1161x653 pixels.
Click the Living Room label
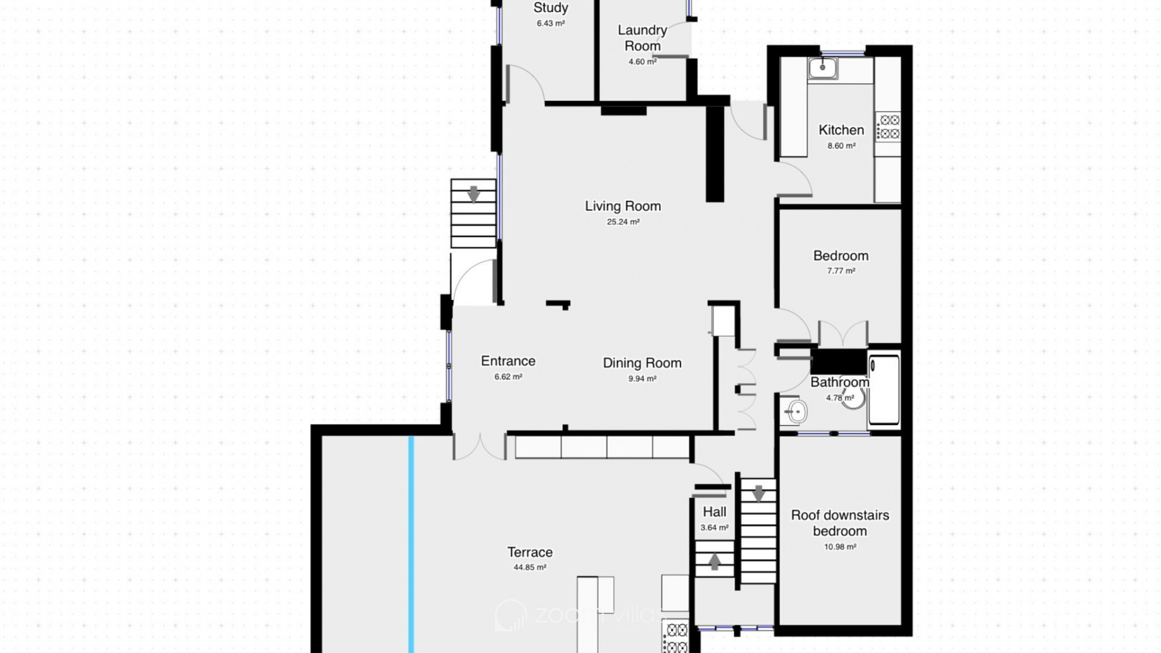point(623,206)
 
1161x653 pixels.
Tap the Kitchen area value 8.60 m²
point(841,146)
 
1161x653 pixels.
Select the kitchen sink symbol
point(822,68)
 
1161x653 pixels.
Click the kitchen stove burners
point(888,127)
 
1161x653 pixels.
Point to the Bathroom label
point(840,382)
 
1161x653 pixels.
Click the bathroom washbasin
point(794,412)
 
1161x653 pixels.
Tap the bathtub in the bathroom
point(883,389)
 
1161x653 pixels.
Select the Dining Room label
point(642,363)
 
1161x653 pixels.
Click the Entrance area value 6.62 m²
point(508,377)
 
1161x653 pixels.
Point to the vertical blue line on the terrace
point(411,544)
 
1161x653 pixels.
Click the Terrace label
point(530,552)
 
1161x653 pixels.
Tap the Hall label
point(714,512)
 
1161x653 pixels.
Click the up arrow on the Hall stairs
point(714,562)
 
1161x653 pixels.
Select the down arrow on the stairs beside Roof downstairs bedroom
point(758,493)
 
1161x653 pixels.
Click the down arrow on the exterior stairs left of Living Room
point(473,194)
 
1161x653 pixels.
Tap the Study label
point(550,8)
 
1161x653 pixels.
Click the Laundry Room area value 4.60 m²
point(642,62)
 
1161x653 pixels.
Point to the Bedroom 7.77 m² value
point(841,271)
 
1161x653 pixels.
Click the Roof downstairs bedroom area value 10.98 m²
point(840,547)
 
